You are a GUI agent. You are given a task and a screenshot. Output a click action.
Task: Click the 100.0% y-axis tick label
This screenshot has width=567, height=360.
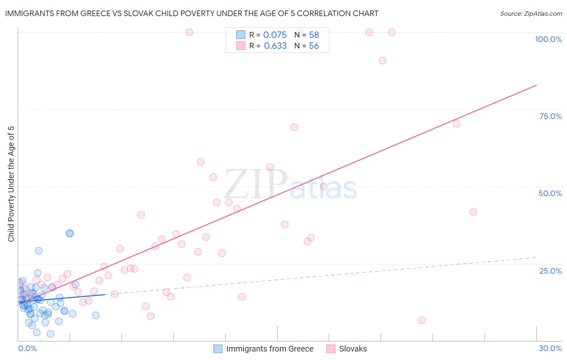coord(548,39)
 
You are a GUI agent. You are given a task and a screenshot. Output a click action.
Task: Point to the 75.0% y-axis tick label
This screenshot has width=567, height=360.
coord(550,116)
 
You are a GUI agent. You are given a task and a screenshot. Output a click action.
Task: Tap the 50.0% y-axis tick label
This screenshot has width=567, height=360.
coord(550,193)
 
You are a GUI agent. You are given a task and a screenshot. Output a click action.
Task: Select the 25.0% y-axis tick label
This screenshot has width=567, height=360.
coord(550,271)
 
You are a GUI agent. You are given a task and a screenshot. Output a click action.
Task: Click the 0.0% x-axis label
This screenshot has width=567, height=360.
coord(27,348)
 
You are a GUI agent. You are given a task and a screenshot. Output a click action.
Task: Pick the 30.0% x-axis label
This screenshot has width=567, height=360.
coord(550,348)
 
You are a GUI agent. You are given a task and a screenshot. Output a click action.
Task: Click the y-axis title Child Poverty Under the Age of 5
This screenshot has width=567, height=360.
coord(11,184)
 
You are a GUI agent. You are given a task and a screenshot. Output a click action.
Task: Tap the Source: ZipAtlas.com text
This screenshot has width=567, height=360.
coord(531,13)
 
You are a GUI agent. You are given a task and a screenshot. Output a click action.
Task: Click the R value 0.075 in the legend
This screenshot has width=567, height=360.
coord(275,35)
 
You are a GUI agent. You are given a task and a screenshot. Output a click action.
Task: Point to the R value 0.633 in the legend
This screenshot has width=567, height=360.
coord(275,46)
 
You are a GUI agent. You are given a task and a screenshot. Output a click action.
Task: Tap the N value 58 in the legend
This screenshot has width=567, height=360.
coord(314,35)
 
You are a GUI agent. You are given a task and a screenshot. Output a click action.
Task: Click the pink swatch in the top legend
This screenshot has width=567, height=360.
coord(241,46)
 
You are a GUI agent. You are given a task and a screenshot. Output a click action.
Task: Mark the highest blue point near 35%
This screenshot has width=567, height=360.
coord(70,233)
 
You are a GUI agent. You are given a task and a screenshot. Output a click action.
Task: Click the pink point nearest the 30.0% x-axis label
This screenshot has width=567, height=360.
coord(473,212)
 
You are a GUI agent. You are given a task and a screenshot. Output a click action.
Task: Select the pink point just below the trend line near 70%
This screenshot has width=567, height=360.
coord(457,123)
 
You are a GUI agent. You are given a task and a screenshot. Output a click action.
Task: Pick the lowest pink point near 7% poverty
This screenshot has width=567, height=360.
coord(422,320)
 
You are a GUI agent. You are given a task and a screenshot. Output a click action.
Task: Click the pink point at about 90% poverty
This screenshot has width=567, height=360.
coord(382,61)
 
